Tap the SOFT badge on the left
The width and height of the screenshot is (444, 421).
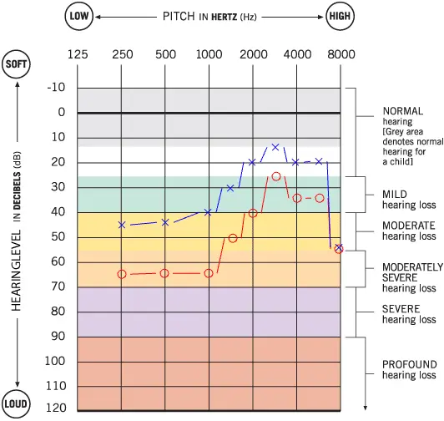[18, 64]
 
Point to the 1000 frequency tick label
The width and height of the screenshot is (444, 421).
[209, 54]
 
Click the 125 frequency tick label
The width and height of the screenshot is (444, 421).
[78, 54]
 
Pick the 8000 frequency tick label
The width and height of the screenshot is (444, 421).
[341, 54]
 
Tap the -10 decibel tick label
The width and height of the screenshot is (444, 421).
[56, 88]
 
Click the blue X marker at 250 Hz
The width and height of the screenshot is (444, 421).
[122, 225]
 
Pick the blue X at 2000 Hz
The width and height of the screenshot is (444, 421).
[252, 162]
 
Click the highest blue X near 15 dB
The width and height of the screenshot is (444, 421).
[275, 147]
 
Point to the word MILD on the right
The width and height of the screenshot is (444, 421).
[395, 195]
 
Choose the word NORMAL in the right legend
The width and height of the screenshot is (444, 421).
[402, 110]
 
